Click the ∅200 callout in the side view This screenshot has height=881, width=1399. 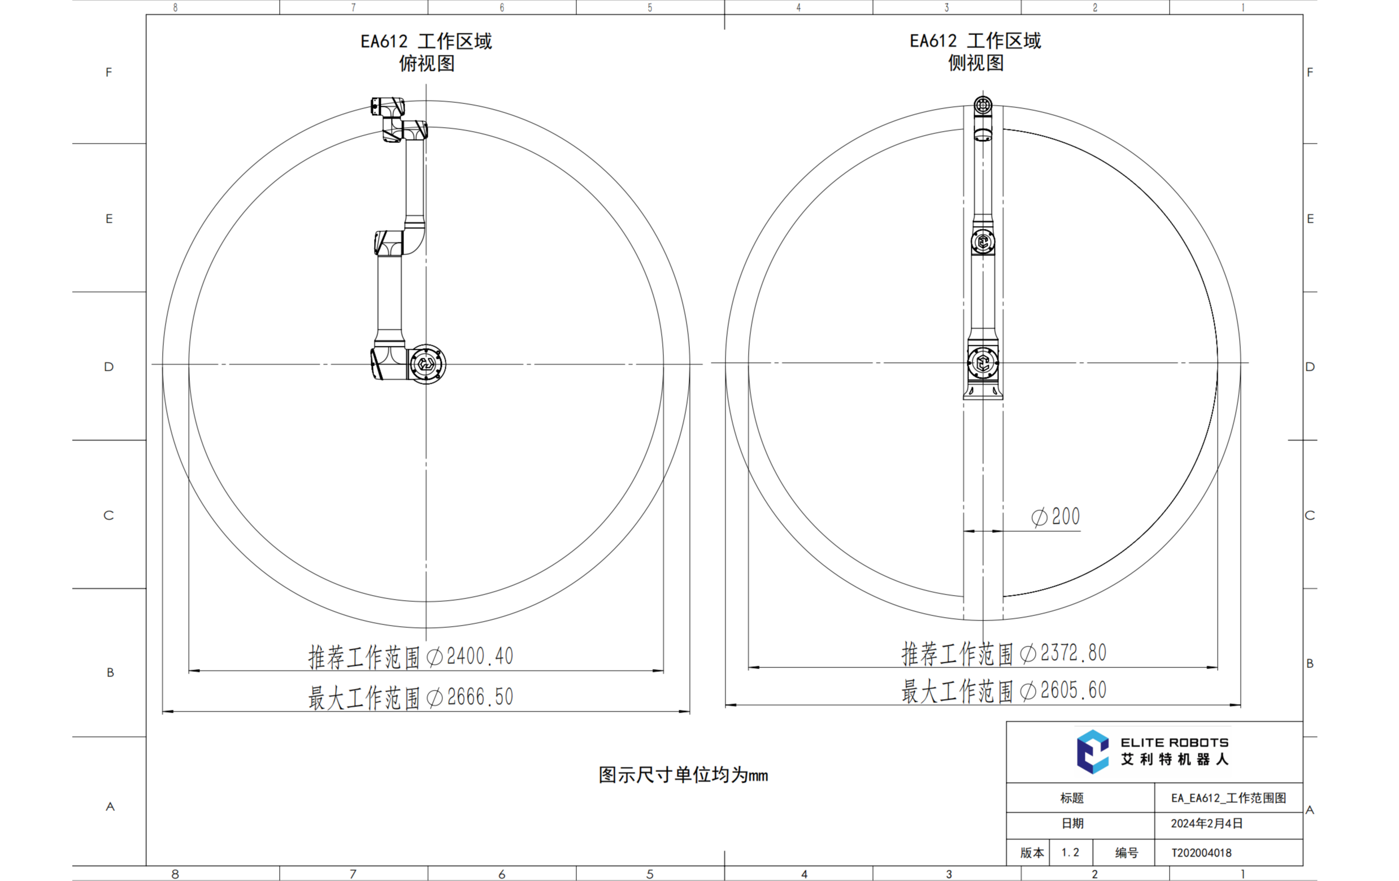[1055, 517]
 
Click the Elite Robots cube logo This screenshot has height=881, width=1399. [1092, 752]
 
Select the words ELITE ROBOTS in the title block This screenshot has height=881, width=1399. [1174, 742]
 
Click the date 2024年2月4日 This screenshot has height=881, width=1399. [1206, 823]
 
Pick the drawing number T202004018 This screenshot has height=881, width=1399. [1201, 853]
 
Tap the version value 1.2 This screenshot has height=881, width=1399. [1070, 853]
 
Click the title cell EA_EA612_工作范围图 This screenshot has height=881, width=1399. [1228, 798]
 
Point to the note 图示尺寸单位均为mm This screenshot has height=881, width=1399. [683, 775]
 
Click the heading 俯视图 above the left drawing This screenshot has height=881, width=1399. [427, 63]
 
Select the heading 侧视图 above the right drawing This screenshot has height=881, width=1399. [976, 63]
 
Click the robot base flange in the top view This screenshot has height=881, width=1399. [427, 364]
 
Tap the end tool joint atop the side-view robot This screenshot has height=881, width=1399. [983, 106]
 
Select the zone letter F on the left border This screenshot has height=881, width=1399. [108, 72]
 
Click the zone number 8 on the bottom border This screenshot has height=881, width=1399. [175, 874]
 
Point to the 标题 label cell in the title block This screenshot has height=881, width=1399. [1072, 798]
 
